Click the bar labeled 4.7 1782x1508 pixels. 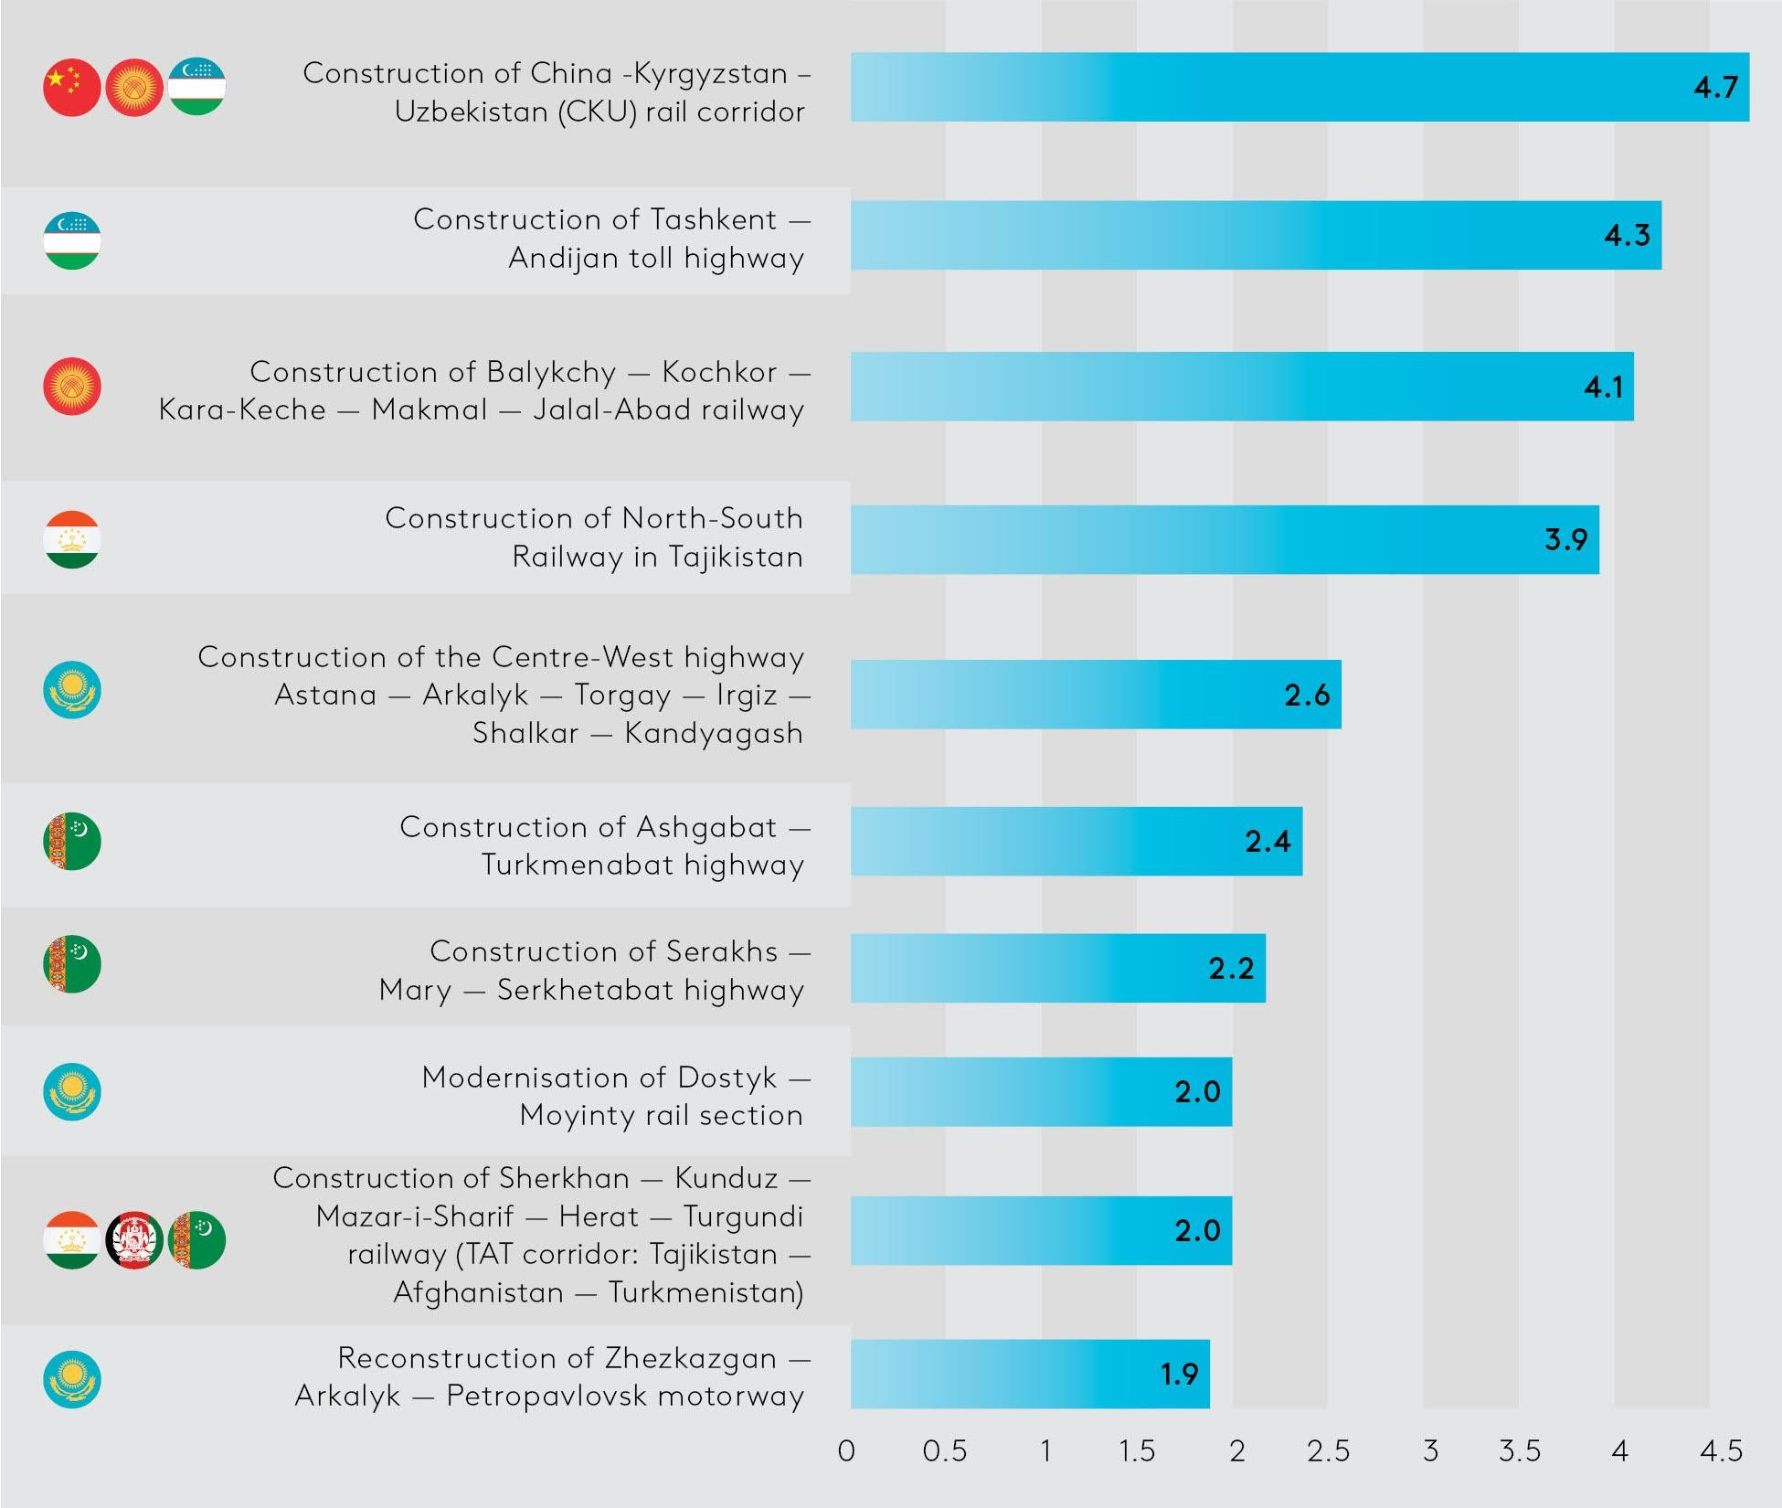click(1298, 87)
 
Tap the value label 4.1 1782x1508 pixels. click(1604, 387)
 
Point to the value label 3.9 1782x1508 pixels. click(1565, 539)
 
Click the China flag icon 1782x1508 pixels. click(72, 88)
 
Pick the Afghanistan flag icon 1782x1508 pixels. click(134, 1240)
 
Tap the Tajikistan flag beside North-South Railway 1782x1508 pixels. click(72, 539)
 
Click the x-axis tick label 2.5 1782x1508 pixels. click(1328, 1451)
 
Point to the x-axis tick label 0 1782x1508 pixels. click(847, 1451)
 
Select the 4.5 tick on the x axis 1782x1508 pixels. click(1721, 1451)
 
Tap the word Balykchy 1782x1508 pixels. click(551, 372)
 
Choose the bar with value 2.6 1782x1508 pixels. click(1095, 695)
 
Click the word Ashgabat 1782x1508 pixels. click(706, 827)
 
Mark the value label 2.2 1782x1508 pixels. click(1231, 968)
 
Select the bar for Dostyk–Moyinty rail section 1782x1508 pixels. click(1040, 1091)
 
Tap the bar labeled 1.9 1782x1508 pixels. click(1029, 1374)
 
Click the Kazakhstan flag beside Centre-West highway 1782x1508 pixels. click(72, 690)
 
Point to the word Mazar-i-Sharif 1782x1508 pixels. click(415, 1216)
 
